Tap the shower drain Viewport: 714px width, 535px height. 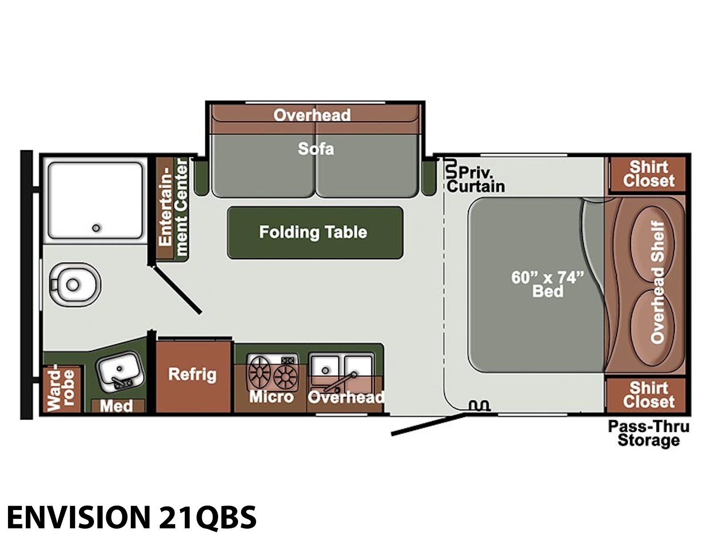(x=96, y=228)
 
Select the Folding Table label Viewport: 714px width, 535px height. (x=313, y=233)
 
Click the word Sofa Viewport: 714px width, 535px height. (x=316, y=149)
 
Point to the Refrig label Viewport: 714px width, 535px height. (x=192, y=374)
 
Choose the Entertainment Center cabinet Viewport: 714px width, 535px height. (x=172, y=208)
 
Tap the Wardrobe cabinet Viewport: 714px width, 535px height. (x=62, y=389)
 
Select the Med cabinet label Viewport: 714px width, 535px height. (x=116, y=406)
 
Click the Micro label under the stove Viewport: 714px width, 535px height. (x=271, y=397)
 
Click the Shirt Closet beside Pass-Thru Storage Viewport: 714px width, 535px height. (x=648, y=395)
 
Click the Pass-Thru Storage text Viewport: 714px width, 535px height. (x=648, y=433)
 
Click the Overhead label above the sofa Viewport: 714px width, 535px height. (x=312, y=115)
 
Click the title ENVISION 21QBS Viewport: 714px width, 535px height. (x=131, y=516)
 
